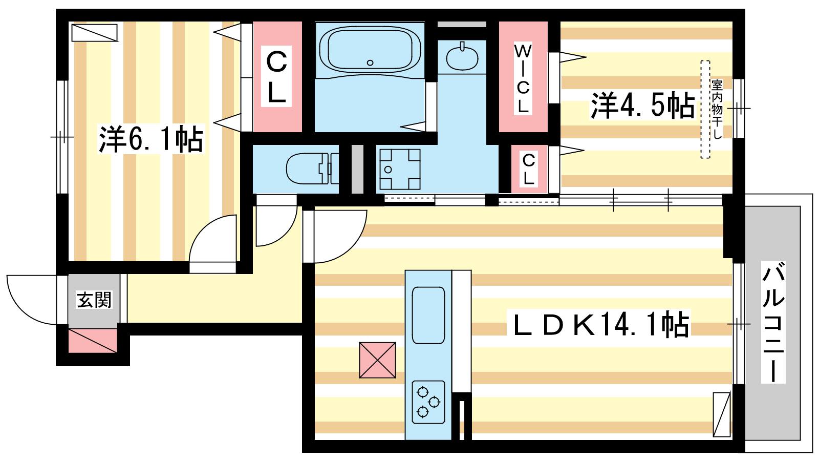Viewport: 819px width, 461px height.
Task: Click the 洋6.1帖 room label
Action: coord(151,139)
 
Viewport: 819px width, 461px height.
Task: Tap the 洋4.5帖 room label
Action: coord(643,106)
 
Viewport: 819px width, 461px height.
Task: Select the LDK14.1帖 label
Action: coord(601,325)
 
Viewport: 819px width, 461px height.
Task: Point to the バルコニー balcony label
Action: coord(773,323)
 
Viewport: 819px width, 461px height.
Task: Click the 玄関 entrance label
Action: coord(94,300)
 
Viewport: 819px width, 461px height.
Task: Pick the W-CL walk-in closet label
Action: coord(523,78)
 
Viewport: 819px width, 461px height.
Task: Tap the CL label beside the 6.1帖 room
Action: coord(276,77)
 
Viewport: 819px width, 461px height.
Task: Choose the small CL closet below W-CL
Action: coord(529,169)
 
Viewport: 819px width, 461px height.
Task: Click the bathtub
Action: coord(370,50)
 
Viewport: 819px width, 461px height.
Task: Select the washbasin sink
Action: coord(462,57)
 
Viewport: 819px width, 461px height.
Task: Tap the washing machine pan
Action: coord(400,169)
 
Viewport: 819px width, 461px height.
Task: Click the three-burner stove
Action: coord(428,402)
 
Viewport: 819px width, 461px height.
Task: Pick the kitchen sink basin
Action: coord(428,315)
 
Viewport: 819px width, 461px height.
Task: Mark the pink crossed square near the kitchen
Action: coord(378,360)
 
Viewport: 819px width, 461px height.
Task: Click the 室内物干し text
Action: coord(717,109)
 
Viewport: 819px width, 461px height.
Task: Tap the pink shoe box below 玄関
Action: coord(93,341)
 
